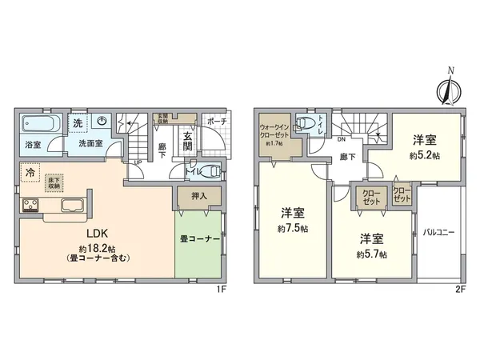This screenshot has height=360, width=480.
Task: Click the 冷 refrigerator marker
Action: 30,173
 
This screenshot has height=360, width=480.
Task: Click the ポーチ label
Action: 216,121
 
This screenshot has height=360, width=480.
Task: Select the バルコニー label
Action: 439,231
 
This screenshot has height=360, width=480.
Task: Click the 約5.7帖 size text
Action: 373,254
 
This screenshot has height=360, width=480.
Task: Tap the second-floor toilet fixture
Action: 305,124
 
